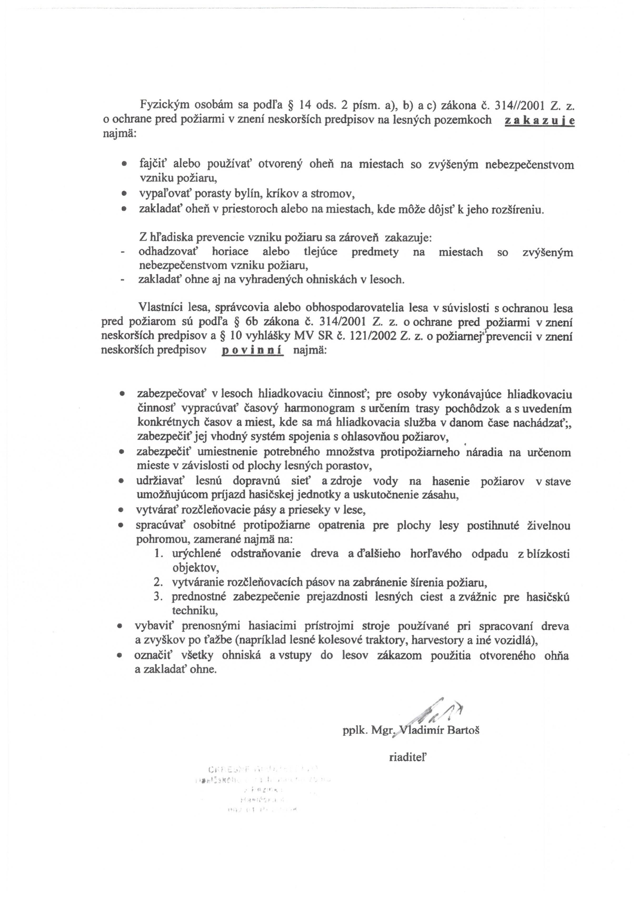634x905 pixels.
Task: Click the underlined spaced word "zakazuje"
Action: (539, 120)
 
